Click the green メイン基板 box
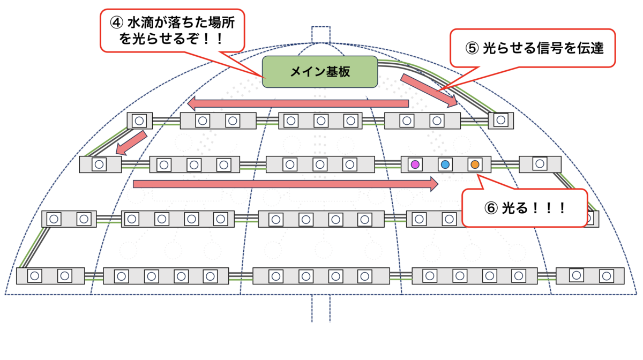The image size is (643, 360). pyautogui.click(x=320, y=72)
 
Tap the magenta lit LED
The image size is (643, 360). pyautogui.click(x=415, y=164)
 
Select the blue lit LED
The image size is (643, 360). pyautogui.click(x=445, y=164)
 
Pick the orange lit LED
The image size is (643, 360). pyautogui.click(x=475, y=164)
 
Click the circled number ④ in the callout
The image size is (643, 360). pyautogui.click(x=117, y=22)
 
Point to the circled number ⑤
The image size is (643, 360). pyautogui.click(x=472, y=48)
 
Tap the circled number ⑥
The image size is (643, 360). pyautogui.click(x=491, y=208)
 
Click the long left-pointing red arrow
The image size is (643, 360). pyautogui.click(x=298, y=103)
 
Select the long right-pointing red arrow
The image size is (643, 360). pyautogui.click(x=286, y=184)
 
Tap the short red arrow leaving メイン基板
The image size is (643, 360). pyautogui.click(x=429, y=91)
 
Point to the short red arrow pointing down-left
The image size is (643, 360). pyautogui.click(x=131, y=142)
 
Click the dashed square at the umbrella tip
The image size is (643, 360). pyautogui.click(x=321, y=35)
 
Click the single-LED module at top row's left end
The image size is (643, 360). pyautogui.click(x=140, y=121)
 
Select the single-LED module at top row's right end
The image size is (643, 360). pyautogui.click(x=501, y=121)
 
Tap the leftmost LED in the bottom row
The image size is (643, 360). pyautogui.click(x=35, y=276)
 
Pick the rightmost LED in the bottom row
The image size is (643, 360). pyautogui.click(x=606, y=276)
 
